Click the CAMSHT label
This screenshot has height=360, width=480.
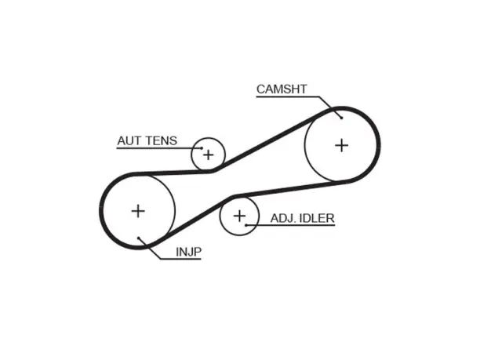[x=282, y=89]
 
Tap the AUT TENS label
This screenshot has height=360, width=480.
[x=147, y=141]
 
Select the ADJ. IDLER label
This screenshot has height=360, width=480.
[x=303, y=218]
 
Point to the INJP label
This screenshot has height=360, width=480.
[x=188, y=252]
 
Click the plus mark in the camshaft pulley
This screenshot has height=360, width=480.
[x=342, y=145]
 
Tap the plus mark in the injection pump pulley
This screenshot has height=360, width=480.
[x=138, y=211]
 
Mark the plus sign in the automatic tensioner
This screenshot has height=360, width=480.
[x=208, y=155]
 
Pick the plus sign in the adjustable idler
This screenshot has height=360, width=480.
[x=239, y=216]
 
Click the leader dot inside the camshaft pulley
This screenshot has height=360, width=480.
[x=342, y=118]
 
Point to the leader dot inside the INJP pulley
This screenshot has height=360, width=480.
[x=138, y=238]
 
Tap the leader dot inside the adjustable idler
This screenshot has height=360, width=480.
[x=246, y=225]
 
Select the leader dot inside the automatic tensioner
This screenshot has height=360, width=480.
[x=202, y=148]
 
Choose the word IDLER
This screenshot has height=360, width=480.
[x=317, y=218]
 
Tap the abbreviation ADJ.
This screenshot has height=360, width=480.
[x=283, y=218]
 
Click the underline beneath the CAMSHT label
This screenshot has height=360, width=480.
[x=288, y=97]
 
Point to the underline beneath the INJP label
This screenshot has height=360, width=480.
[x=180, y=259]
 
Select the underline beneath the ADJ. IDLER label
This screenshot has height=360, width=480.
[x=290, y=225]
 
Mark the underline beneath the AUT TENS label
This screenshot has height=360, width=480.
[x=159, y=148]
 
